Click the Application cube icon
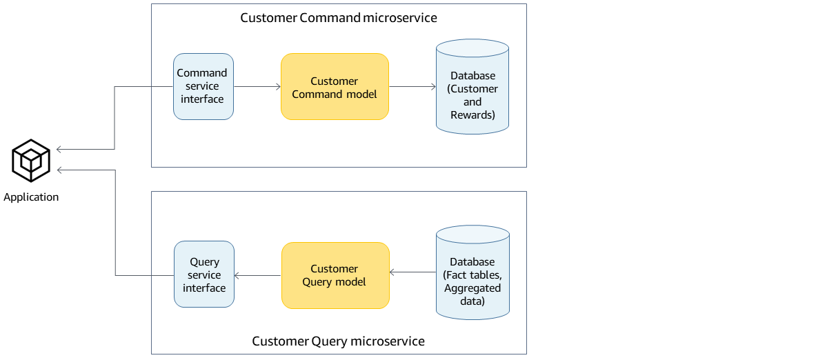[31, 161]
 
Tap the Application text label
[31, 197]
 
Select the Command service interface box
[203, 86]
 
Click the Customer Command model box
[335, 87]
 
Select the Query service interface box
[204, 274]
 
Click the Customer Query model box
[335, 275]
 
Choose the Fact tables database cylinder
[472, 275]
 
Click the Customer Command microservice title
[338, 18]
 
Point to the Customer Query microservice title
[338, 341]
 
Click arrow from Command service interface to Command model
[257, 86]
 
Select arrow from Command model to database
[412, 87]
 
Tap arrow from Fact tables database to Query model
[412, 272]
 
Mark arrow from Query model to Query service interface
[258, 276]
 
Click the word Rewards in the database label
[472, 115]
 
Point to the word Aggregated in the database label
[472, 288]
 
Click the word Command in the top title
[330, 18]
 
